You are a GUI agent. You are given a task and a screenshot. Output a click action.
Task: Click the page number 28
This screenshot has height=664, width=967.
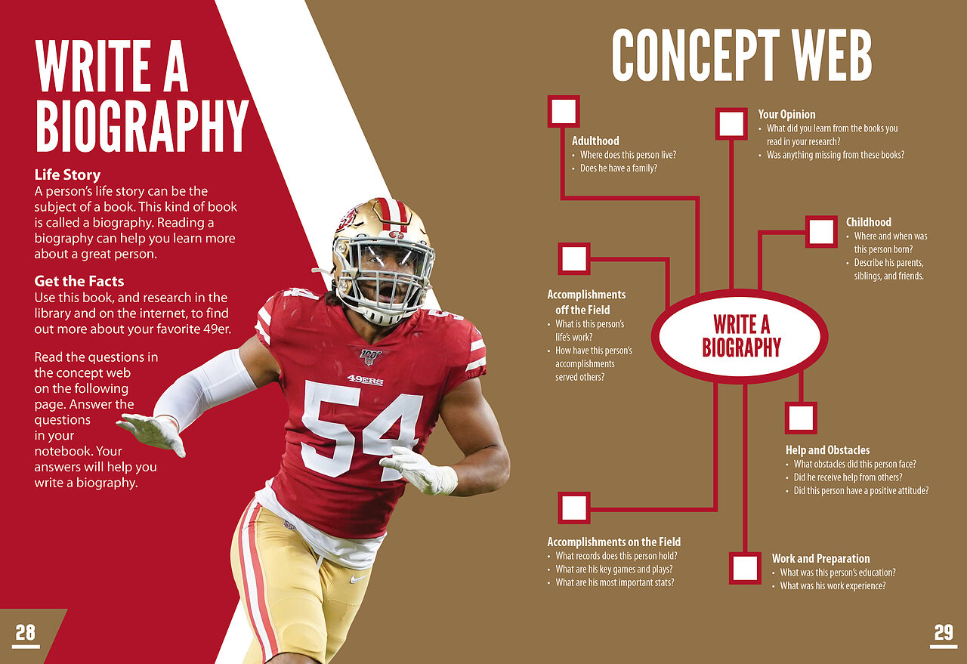tap(26, 632)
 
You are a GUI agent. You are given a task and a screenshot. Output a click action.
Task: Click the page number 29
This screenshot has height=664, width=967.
tap(944, 632)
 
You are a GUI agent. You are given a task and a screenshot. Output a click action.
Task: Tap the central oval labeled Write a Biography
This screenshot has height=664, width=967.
tap(740, 336)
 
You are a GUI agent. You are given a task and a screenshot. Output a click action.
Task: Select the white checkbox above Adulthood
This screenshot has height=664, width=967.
tap(564, 111)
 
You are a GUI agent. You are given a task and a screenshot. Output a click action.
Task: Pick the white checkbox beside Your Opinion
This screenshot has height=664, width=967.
tap(731, 124)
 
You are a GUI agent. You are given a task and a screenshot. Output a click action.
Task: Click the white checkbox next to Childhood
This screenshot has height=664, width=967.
tap(821, 232)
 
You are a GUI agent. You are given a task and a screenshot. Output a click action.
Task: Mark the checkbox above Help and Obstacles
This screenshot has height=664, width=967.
tap(801, 418)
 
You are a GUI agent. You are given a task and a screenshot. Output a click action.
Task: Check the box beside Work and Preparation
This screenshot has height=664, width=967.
tap(745, 568)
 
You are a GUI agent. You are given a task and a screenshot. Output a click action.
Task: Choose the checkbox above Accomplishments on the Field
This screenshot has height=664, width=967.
tap(573, 508)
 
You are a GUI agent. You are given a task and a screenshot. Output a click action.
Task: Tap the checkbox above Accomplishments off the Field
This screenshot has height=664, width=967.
tap(573, 258)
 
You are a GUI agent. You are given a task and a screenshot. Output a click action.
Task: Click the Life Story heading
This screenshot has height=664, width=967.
tap(67, 174)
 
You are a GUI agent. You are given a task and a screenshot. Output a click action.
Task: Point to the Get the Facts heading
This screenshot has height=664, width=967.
tap(79, 281)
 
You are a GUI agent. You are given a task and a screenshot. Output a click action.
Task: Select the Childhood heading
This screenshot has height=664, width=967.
tap(869, 222)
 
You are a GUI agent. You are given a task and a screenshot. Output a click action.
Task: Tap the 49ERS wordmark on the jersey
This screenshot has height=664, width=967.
tap(365, 380)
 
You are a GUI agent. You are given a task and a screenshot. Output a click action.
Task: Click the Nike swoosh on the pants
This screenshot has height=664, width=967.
tap(358, 578)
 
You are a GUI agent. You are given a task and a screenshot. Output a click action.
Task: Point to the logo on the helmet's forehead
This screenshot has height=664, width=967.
tap(396, 234)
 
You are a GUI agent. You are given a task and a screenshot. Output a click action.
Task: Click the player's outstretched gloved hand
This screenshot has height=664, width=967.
tap(151, 433)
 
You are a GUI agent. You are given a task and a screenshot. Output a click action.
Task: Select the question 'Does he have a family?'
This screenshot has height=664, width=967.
tap(618, 168)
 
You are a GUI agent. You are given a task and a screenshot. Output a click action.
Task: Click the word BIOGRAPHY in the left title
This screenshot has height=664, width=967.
tap(142, 125)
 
